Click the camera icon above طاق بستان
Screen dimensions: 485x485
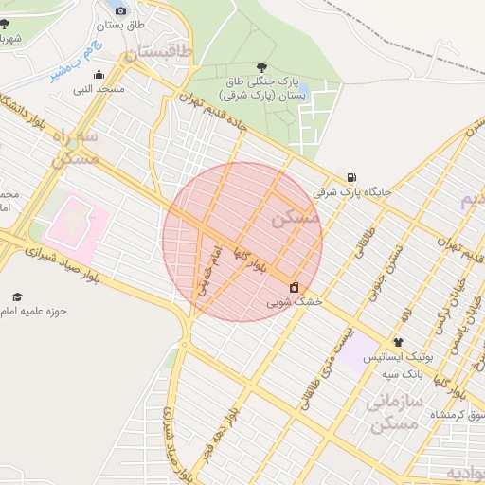tap(118, 9)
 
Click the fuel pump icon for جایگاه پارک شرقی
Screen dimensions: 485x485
tap(352, 177)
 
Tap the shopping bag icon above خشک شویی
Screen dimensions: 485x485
tap(294, 287)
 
